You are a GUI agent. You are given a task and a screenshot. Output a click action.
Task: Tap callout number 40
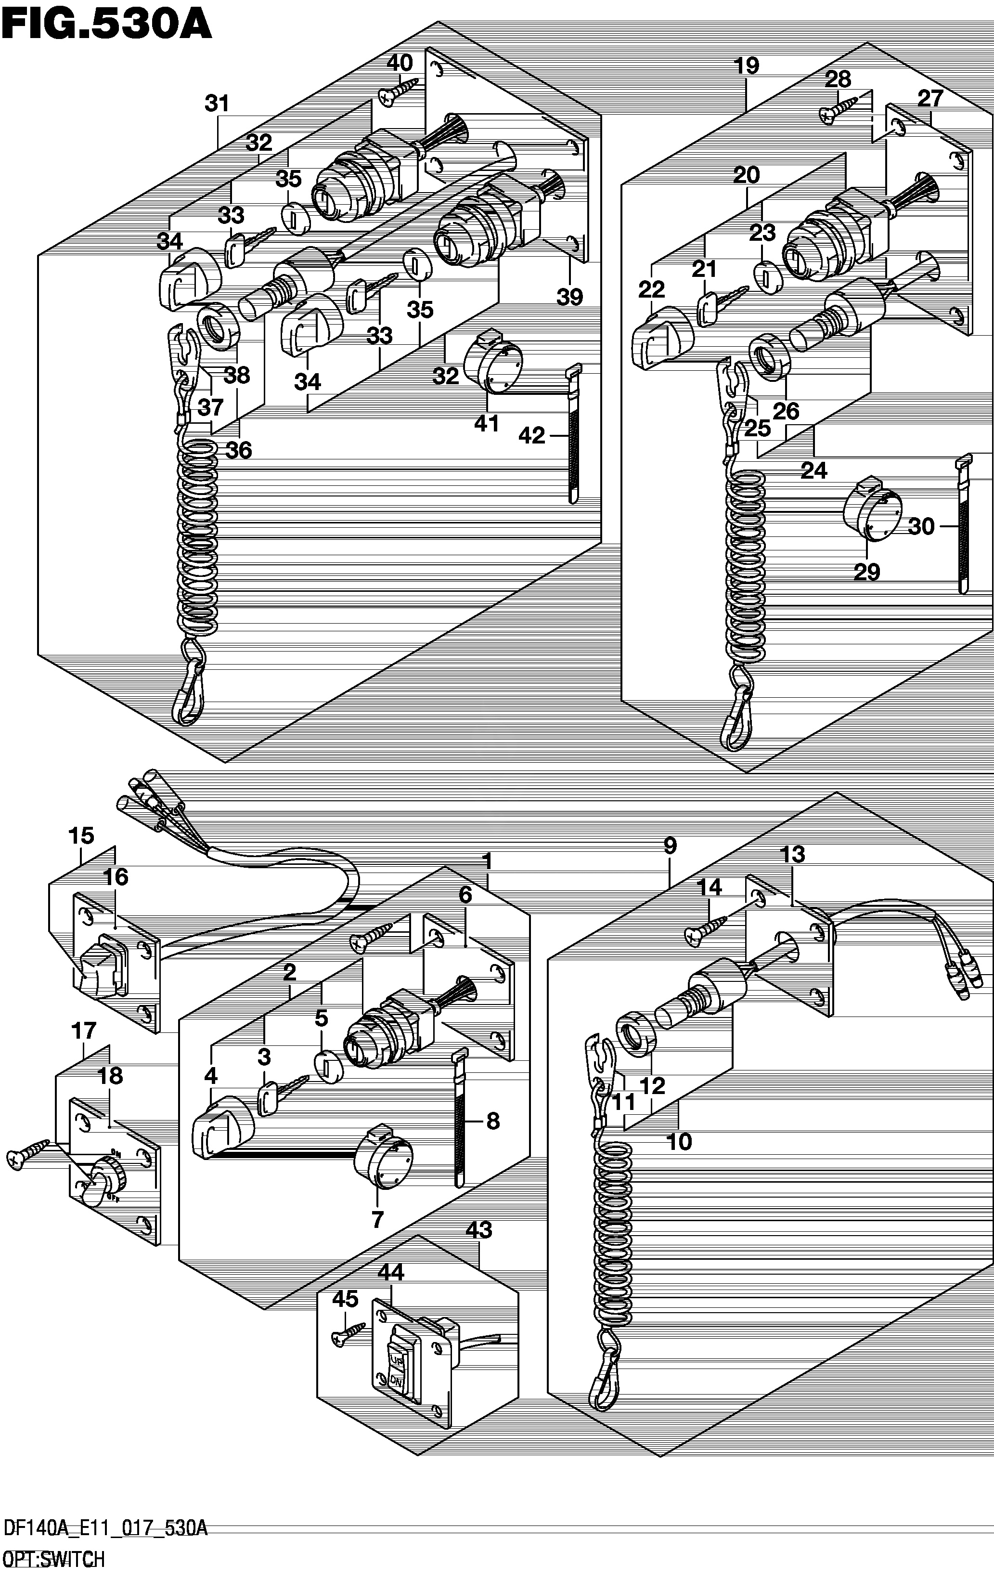click(x=400, y=63)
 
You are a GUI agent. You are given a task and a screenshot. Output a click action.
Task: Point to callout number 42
click(x=531, y=435)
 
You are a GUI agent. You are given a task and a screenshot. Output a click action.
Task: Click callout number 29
click(x=867, y=572)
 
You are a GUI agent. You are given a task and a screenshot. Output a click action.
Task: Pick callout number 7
click(x=377, y=1220)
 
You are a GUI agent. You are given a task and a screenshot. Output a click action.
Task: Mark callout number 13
click(x=793, y=854)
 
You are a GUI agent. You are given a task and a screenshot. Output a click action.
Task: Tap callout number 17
click(x=84, y=1031)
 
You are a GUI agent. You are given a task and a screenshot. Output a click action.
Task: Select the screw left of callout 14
click(x=706, y=930)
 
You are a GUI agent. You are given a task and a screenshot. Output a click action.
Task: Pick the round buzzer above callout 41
click(x=491, y=363)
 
